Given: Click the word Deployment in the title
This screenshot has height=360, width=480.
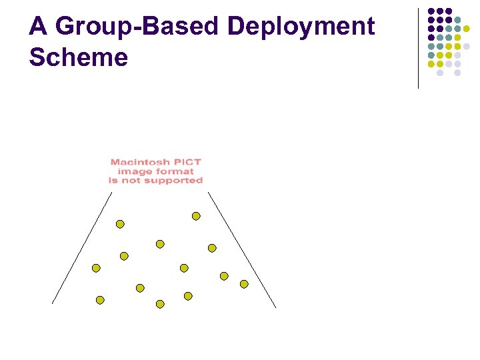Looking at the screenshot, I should (301, 27).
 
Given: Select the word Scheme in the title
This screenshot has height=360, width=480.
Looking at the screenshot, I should (78, 57).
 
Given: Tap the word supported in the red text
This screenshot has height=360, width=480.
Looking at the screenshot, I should (177, 180).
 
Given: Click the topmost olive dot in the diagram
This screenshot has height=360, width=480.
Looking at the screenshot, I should (196, 216).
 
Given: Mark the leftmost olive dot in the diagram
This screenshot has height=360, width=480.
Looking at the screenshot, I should (96, 268).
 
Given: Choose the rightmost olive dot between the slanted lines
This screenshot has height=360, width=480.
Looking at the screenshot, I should (244, 284).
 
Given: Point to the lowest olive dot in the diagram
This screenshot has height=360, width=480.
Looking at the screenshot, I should (160, 304).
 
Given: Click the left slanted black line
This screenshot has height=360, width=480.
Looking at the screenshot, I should (81, 248).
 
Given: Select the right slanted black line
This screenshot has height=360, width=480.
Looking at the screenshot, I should (241, 249).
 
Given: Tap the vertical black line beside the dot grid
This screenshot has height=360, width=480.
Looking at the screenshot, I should (418, 47).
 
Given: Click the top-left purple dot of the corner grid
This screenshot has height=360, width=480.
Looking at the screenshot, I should (431, 11).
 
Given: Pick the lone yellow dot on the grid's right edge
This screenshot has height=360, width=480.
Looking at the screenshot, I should (467, 29).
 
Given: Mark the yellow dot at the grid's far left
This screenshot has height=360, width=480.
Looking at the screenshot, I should (431, 64).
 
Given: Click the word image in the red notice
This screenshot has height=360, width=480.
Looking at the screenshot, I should (133, 171).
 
